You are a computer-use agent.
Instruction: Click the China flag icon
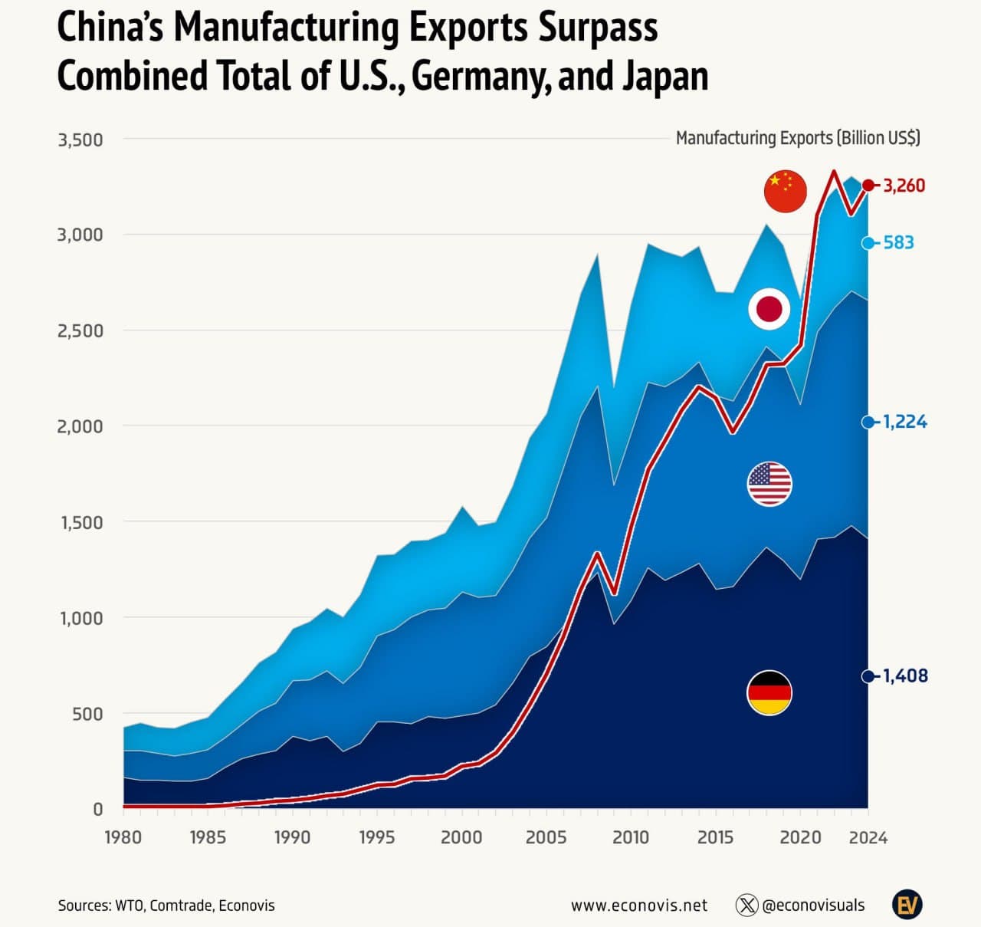click(786, 191)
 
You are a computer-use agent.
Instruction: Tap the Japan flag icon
click(769, 310)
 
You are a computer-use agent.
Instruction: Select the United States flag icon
click(769, 484)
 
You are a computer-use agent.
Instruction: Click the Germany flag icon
click(769, 692)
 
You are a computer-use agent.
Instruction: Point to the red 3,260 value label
click(904, 186)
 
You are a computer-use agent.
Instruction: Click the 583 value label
click(898, 243)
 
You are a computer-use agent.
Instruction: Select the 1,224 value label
click(904, 422)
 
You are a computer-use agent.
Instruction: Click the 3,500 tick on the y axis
click(80, 140)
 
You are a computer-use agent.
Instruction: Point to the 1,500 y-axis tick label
click(80, 523)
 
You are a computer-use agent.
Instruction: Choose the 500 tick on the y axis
click(86, 714)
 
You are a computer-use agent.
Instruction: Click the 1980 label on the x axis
click(123, 837)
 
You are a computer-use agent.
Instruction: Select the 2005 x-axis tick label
click(546, 837)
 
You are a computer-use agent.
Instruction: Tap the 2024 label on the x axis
click(868, 837)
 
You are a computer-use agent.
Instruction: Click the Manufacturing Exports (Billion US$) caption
click(798, 138)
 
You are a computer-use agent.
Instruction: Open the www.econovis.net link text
click(639, 906)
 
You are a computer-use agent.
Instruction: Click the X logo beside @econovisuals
click(746, 906)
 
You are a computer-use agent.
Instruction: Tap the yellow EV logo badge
click(907, 905)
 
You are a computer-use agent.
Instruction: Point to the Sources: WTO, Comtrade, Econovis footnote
click(166, 906)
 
